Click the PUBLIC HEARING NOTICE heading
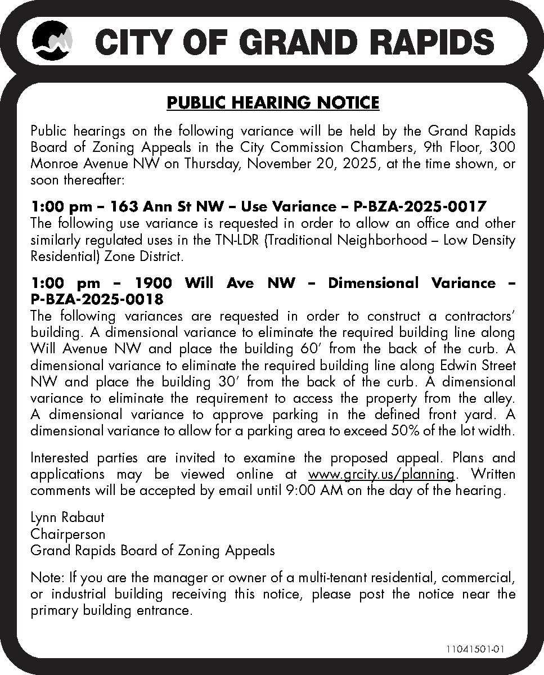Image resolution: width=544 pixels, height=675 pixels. click(x=273, y=103)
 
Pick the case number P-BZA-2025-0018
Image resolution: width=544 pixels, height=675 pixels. click(x=97, y=299)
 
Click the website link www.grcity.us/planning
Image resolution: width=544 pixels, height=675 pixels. click(x=381, y=474)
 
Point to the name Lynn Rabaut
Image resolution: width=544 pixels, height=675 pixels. click(x=67, y=517)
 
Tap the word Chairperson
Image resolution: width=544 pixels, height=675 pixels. click(x=68, y=533)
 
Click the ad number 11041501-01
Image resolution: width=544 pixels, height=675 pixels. click(x=475, y=649)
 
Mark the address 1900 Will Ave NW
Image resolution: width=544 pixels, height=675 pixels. click(x=215, y=283)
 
